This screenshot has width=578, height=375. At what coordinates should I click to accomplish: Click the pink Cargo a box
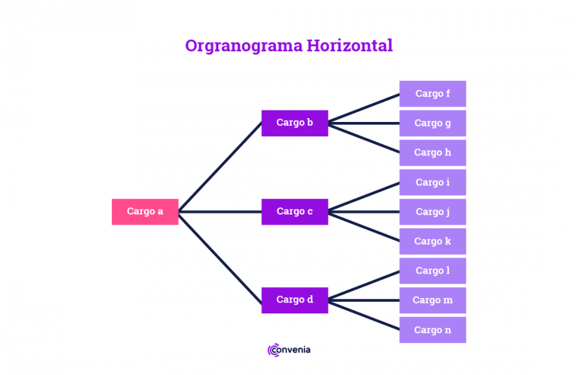pyautogui.click(x=145, y=212)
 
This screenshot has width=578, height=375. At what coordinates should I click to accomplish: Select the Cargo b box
pyautogui.click(x=295, y=123)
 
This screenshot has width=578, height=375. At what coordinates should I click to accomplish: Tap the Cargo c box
pyautogui.click(x=295, y=212)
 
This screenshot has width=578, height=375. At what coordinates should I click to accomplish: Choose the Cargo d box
pyautogui.click(x=295, y=300)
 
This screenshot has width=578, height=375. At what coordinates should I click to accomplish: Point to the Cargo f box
pyautogui.click(x=432, y=94)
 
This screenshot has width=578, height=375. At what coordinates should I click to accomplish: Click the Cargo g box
pyautogui.click(x=432, y=123)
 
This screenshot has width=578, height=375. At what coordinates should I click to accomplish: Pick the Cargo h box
pyautogui.click(x=432, y=153)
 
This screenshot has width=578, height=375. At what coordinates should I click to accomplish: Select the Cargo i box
pyautogui.click(x=432, y=182)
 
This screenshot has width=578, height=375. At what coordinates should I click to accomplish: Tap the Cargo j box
pyautogui.click(x=432, y=212)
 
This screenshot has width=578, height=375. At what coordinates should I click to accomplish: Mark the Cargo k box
pyautogui.click(x=432, y=241)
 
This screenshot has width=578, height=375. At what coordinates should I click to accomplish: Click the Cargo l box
pyautogui.click(x=432, y=270)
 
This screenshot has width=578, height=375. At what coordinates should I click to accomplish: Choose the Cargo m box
pyautogui.click(x=432, y=300)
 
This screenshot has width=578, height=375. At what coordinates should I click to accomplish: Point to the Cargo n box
pyautogui.click(x=432, y=329)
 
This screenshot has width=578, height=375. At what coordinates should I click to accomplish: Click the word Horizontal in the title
pyautogui.click(x=349, y=46)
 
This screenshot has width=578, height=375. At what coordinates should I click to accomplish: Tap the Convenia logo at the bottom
pyautogui.click(x=289, y=350)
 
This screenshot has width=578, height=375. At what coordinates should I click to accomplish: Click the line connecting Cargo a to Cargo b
pyautogui.click(x=220, y=167)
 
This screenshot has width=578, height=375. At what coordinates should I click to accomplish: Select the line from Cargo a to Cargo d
pyautogui.click(x=220, y=258)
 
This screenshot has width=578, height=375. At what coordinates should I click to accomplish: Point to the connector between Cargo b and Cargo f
pyautogui.click(x=364, y=108)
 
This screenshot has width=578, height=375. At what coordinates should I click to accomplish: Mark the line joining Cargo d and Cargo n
pyautogui.click(x=364, y=315)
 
